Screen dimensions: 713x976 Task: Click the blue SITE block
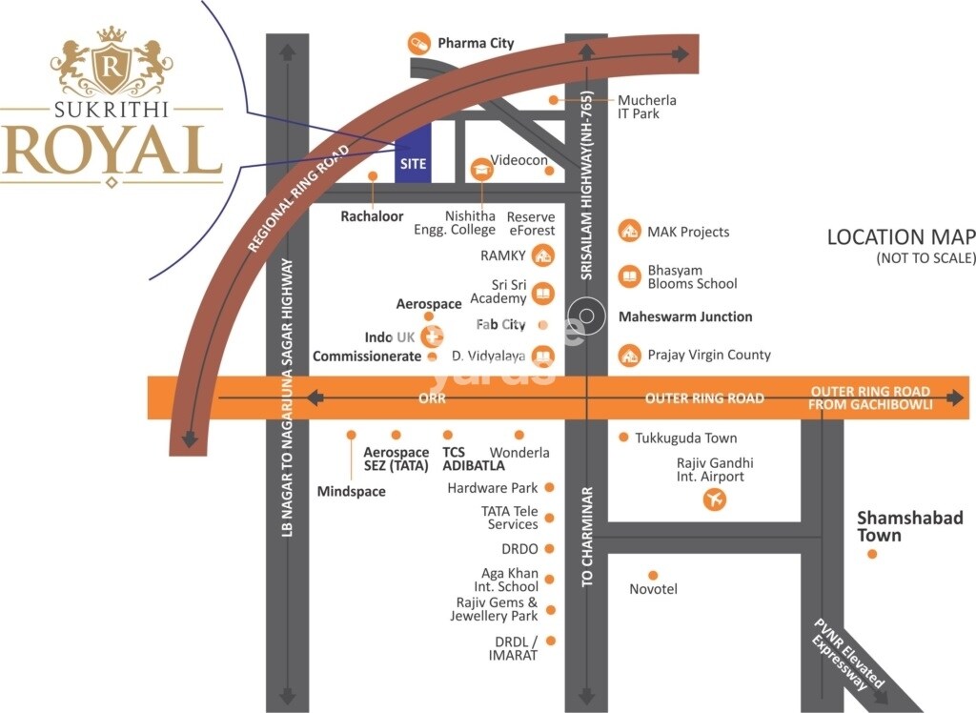pyautogui.click(x=413, y=153)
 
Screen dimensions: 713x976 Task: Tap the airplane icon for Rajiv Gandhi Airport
pyautogui.click(x=714, y=499)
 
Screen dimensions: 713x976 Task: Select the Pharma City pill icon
pyautogui.click(x=418, y=43)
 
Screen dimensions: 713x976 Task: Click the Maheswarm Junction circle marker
pyautogui.click(x=586, y=316)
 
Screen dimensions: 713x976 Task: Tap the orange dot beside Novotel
pyautogui.click(x=653, y=575)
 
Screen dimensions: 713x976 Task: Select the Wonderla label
pyautogui.click(x=519, y=452)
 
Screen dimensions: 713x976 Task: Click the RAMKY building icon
pyautogui.click(x=542, y=255)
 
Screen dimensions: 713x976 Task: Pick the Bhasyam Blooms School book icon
pyautogui.click(x=629, y=276)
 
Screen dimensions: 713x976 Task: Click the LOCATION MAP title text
pyautogui.click(x=901, y=237)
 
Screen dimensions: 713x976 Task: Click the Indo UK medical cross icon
pyautogui.click(x=434, y=336)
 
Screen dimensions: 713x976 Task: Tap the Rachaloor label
pyautogui.click(x=373, y=216)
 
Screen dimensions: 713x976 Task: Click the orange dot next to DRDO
pyautogui.click(x=550, y=549)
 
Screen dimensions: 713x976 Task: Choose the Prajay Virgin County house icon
pyautogui.click(x=629, y=355)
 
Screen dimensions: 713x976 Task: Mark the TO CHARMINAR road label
pyautogui.click(x=587, y=536)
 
